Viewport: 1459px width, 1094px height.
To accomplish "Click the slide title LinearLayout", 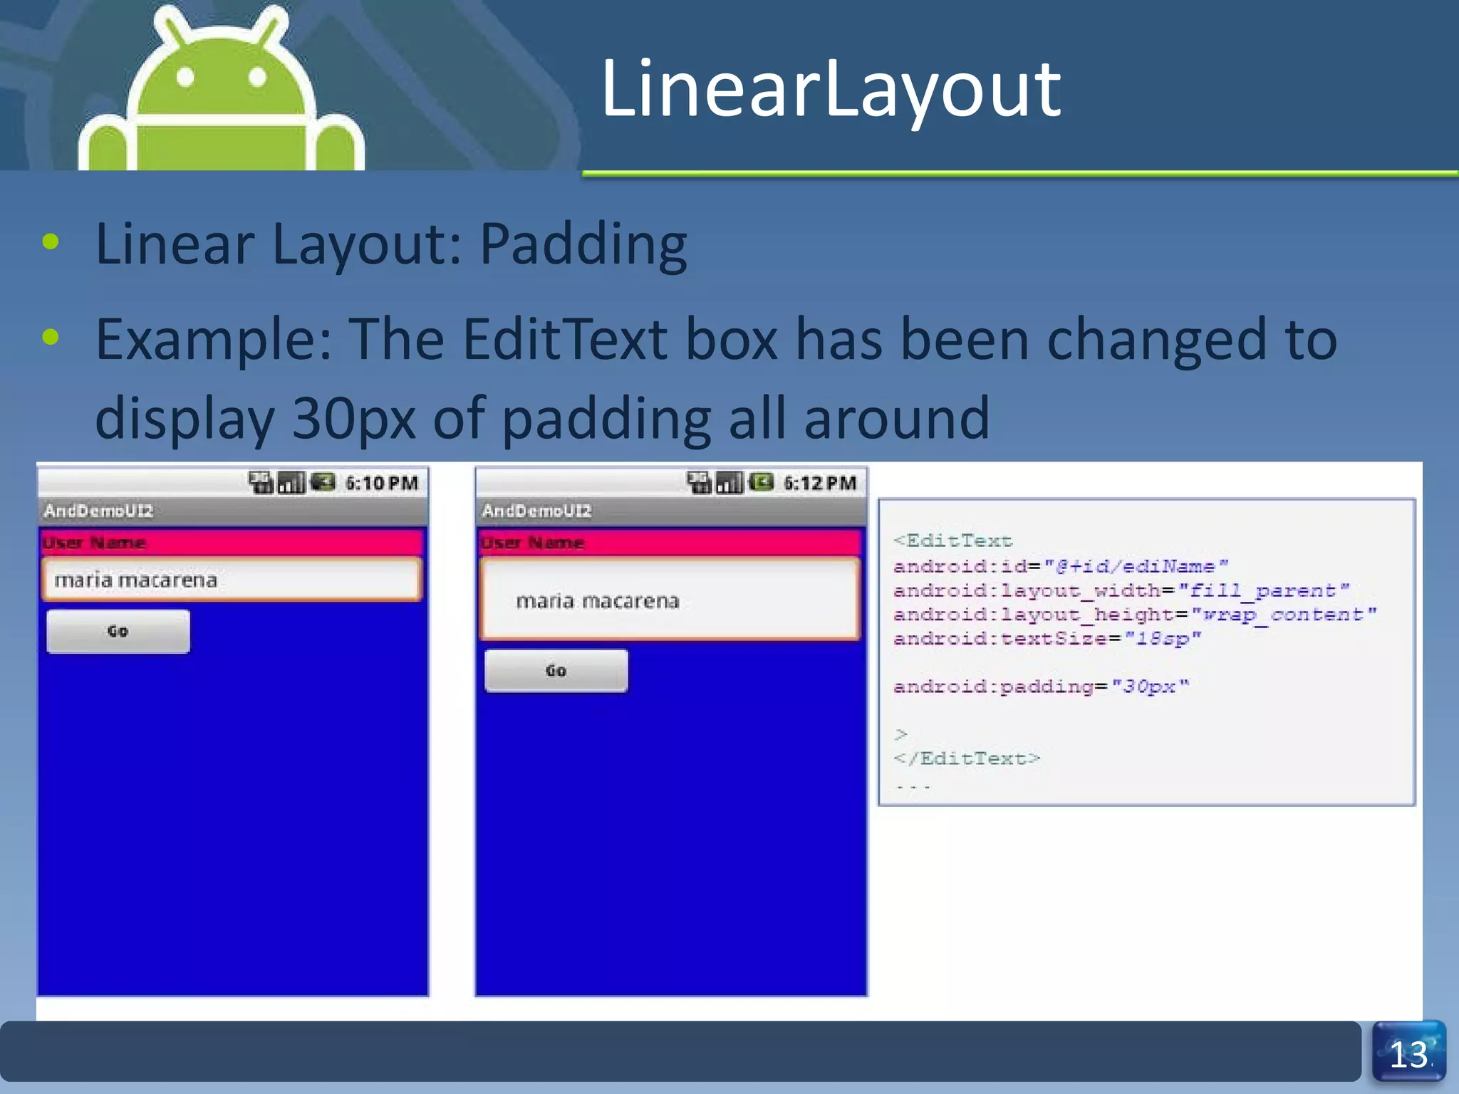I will click(831, 89).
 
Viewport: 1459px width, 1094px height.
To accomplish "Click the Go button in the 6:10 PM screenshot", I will click(118, 631).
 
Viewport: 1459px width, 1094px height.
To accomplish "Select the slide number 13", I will click(1408, 1055).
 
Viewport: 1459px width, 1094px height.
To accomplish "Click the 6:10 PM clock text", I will click(381, 484).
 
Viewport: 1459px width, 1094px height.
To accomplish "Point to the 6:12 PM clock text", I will click(819, 484).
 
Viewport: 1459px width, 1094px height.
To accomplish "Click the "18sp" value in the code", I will click(1163, 638).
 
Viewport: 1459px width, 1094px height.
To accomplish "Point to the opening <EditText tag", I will click(952, 541).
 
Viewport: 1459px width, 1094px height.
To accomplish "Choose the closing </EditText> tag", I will click(967, 759).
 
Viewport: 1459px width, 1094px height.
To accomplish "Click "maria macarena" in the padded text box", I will click(598, 601).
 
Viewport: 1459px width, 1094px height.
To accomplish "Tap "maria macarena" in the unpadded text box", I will click(135, 580).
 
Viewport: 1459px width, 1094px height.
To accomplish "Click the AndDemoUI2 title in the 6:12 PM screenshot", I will click(536, 511).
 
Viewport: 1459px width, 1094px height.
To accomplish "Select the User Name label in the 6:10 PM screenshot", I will click(94, 543).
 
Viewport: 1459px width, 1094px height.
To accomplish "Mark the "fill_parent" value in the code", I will click(1264, 590).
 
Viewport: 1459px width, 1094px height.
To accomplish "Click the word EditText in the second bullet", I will click(564, 340).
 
